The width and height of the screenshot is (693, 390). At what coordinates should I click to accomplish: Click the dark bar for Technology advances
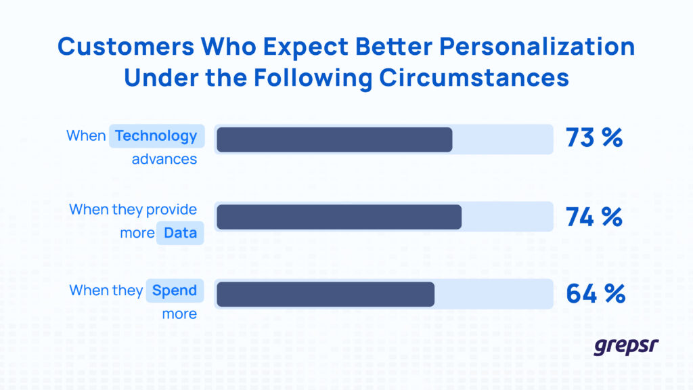click(x=334, y=139)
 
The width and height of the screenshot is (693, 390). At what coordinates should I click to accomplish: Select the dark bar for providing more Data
click(x=339, y=217)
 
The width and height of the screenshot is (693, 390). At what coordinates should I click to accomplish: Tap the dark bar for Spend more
click(x=326, y=295)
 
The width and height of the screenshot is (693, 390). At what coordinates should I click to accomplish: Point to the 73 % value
click(x=594, y=137)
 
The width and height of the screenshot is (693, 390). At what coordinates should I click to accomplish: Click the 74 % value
click(x=594, y=216)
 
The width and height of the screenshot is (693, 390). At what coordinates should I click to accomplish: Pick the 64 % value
click(x=595, y=294)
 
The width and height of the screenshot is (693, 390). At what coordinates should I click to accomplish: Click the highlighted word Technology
click(x=156, y=136)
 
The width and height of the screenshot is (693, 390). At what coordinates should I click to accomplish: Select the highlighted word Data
click(x=180, y=234)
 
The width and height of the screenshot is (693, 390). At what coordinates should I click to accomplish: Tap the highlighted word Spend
click(x=174, y=291)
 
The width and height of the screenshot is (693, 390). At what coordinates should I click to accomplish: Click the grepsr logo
click(x=626, y=346)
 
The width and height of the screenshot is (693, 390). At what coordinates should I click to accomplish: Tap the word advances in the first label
click(x=164, y=160)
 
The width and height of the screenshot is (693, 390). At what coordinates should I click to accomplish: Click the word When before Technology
click(x=86, y=136)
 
